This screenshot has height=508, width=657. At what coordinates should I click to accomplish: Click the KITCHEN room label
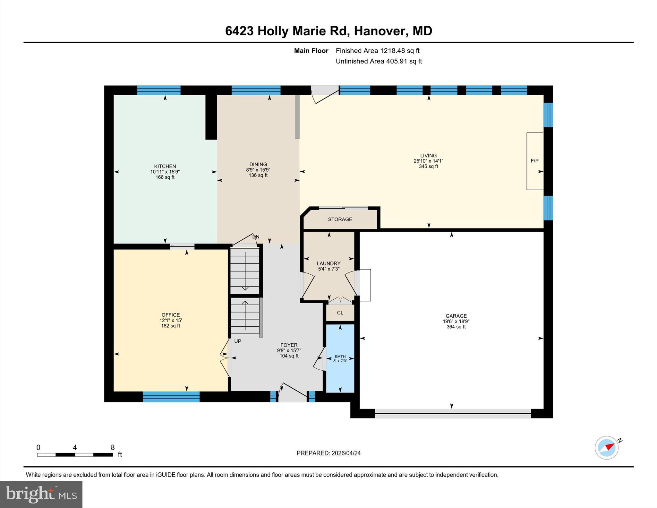pos(165,166)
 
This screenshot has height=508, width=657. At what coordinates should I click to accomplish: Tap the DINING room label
pos(258,164)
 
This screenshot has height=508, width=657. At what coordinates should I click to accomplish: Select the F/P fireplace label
pos(534,161)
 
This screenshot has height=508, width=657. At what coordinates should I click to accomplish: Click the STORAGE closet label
pos(340,220)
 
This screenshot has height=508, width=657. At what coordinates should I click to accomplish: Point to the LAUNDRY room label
pos(328,263)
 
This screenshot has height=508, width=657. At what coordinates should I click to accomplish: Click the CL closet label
pos(340,313)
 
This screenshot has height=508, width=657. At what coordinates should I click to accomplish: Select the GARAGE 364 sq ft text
pos(456,327)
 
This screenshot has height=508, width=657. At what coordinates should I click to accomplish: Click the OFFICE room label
pos(171,315)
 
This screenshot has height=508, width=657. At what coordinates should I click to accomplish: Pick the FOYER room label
pos(289,345)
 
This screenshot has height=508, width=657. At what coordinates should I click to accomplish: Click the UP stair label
pos(238,341)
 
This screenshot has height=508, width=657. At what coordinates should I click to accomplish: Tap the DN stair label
pos(256,237)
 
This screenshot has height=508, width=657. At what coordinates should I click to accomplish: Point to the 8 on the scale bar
pos(113,447)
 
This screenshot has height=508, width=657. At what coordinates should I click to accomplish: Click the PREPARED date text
pos(328,453)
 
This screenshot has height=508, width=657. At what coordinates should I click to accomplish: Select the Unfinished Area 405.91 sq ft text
pos(379,61)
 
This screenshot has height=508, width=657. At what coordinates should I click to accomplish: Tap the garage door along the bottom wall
pos(453,415)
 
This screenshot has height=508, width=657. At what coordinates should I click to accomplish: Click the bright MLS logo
pos(41,494)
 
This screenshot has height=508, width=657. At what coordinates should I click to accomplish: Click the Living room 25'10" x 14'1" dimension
pos(428,161)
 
